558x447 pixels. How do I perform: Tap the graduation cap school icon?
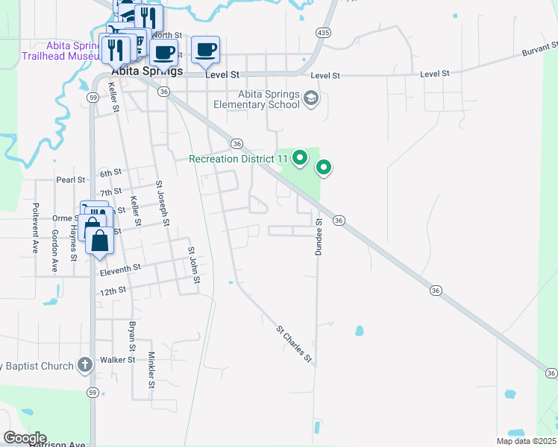click(x=312, y=99)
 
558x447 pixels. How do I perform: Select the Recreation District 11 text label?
click(x=238, y=158)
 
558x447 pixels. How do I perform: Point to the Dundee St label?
click(x=318, y=238)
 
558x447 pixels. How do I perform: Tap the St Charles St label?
click(x=293, y=343)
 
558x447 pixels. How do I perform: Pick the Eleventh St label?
click(x=119, y=267)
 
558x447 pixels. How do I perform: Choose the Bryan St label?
click(x=131, y=337)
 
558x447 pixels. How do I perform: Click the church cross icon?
click(x=85, y=366)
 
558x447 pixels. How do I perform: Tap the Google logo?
click(x=24, y=438)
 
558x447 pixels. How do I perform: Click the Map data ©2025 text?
click(x=526, y=441)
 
